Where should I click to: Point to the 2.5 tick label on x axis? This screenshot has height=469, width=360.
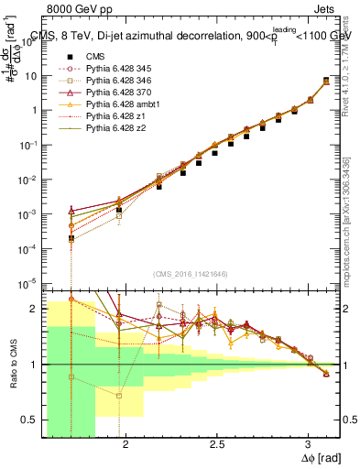coord(216,443)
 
